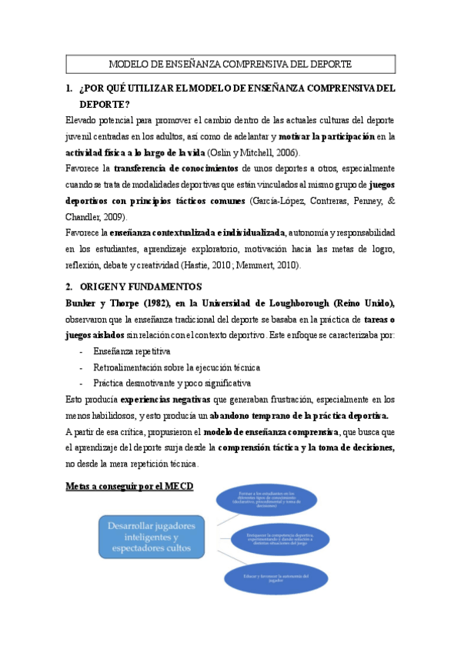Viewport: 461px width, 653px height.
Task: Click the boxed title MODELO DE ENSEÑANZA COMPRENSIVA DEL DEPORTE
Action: click(x=230, y=64)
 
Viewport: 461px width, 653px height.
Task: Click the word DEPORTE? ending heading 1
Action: click(x=105, y=104)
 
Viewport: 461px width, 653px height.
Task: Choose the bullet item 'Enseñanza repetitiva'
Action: click(x=132, y=351)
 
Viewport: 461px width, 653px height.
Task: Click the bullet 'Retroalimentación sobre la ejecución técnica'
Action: click(x=176, y=367)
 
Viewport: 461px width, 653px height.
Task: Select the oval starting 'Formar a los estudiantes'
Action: click(x=276, y=501)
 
